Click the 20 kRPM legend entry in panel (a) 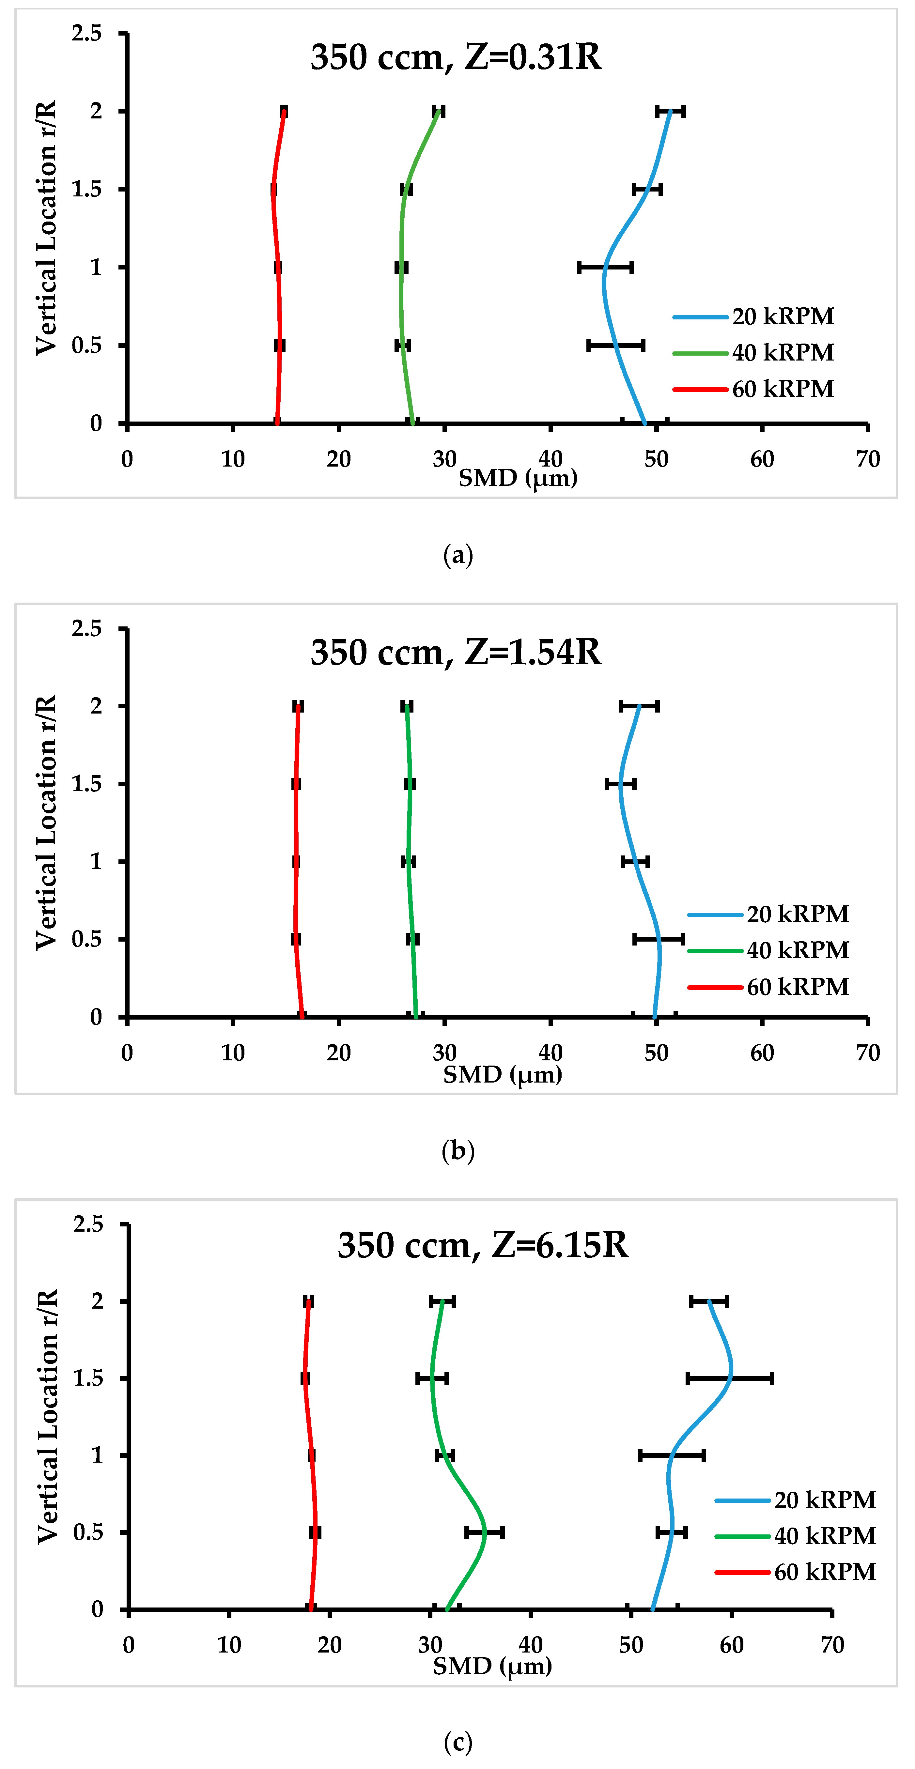click(x=753, y=316)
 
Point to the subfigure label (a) click(x=458, y=555)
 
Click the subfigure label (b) click(x=458, y=1150)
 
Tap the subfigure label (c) click(x=458, y=1742)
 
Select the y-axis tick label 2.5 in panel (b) click(x=86, y=628)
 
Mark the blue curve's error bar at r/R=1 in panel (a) click(x=605, y=267)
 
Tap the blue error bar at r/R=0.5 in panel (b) click(x=659, y=939)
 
